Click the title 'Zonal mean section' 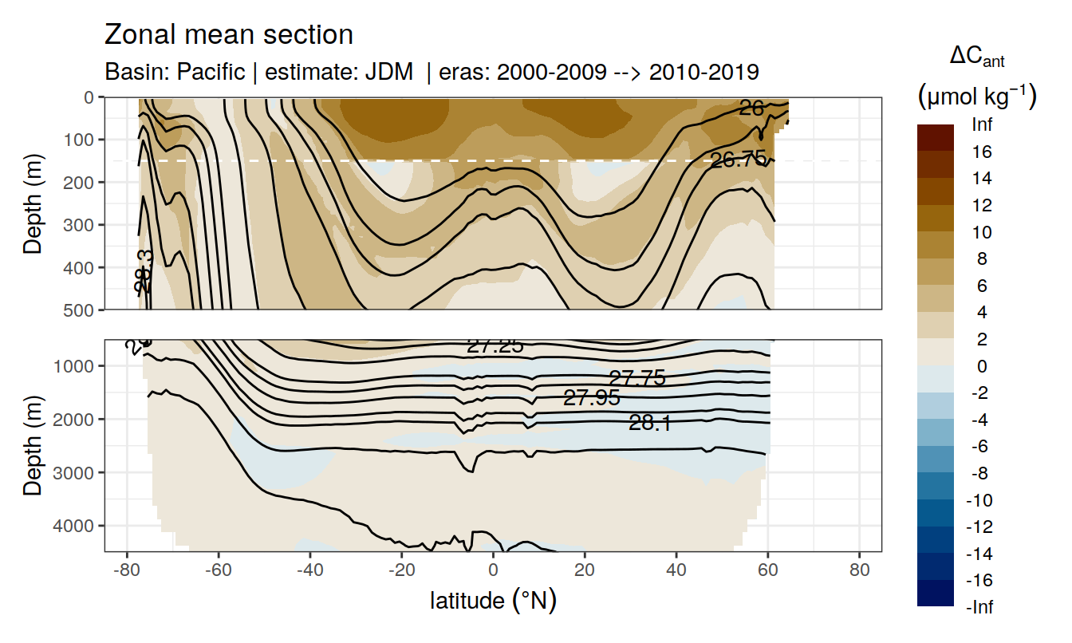point(229,35)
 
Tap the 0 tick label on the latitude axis point(493,571)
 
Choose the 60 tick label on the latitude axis point(767,571)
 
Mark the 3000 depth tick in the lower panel point(77,472)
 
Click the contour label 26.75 point(738,160)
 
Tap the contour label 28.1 point(649,424)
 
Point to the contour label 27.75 point(636,378)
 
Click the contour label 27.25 point(495,345)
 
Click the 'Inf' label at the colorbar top point(983,124)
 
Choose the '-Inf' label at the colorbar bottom point(980,607)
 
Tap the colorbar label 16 point(983,152)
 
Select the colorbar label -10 point(980,500)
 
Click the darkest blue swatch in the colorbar point(936,593)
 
